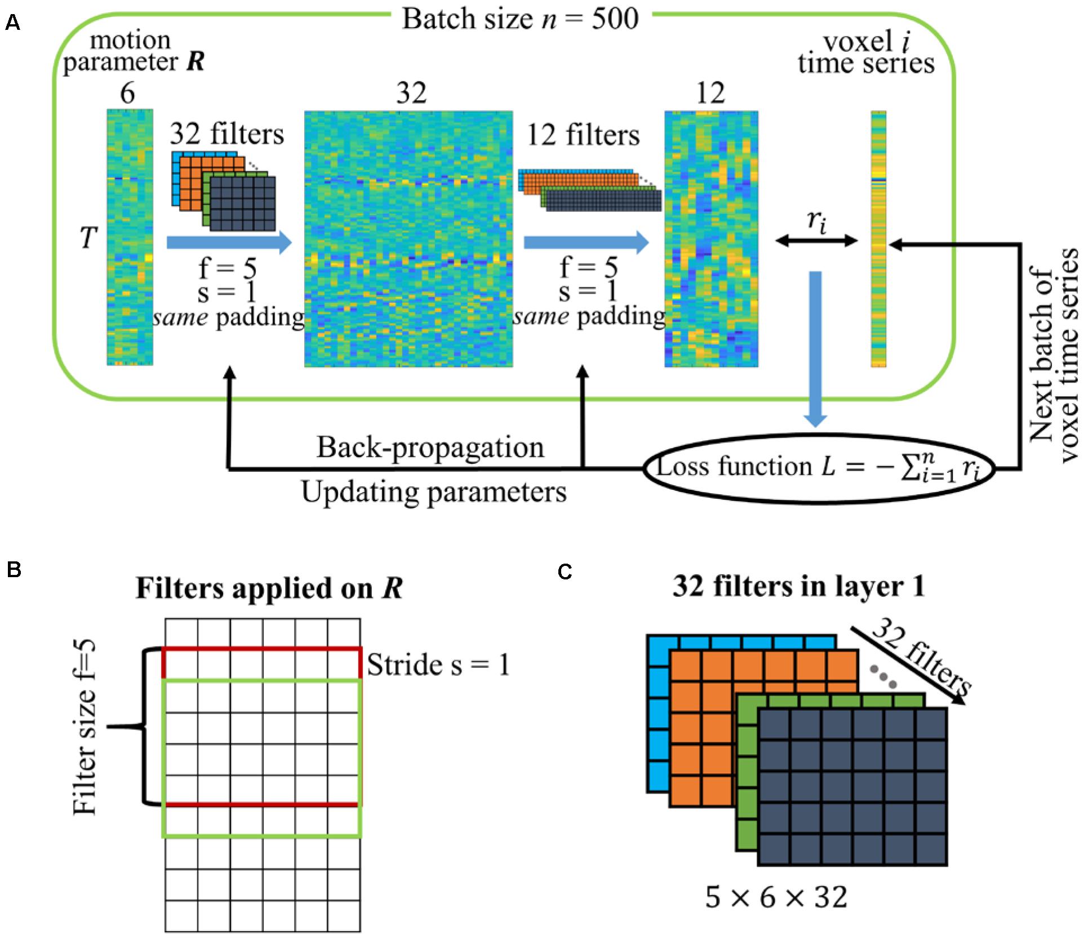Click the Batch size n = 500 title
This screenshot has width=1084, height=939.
[x=520, y=19]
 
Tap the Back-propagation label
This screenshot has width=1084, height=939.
[x=430, y=448]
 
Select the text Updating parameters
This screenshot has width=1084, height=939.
[x=434, y=491]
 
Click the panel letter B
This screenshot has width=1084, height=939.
[x=14, y=570]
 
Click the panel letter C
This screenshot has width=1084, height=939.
[x=565, y=572]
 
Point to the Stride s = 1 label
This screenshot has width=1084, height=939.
[x=438, y=665]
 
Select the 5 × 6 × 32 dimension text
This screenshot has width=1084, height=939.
[x=776, y=897]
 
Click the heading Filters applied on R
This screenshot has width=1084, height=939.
[x=269, y=589]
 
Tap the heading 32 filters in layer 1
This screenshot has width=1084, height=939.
[x=798, y=587]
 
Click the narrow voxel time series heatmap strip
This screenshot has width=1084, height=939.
[x=878, y=239]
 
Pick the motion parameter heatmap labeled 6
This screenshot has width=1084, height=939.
[x=130, y=237]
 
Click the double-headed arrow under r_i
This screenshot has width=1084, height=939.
[x=816, y=241]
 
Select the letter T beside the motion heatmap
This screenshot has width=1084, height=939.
[x=88, y=238]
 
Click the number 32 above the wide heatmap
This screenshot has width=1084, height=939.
[x=411, y=93]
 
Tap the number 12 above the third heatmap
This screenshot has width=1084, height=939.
[x=710, y=93]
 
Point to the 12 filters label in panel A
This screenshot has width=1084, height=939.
[x=583, y=136]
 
